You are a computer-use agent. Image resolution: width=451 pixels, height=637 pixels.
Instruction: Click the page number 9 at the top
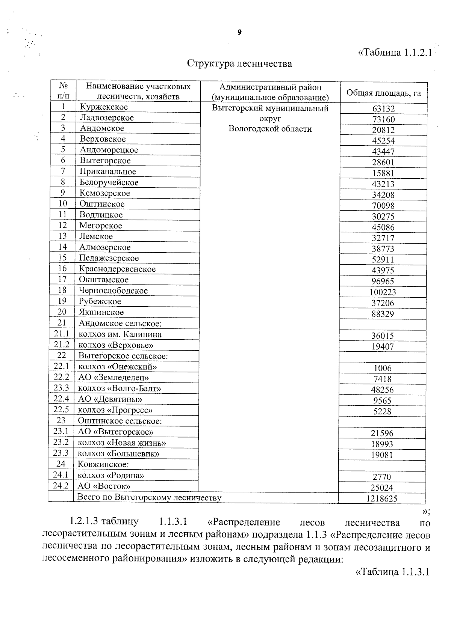tap(239, 33)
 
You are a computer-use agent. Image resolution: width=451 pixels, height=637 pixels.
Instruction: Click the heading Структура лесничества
tap(239, 63)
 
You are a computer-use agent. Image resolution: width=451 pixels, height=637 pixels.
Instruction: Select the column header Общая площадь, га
tap(383, 93)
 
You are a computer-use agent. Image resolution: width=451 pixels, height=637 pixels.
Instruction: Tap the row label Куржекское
tap(104, 107)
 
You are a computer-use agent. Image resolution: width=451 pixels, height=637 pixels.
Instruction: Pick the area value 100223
tap(383, 292)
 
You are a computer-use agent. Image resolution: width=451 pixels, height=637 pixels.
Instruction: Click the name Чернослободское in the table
tap(113, 291)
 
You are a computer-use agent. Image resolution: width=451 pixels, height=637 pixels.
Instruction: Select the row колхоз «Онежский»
tap(117, 367)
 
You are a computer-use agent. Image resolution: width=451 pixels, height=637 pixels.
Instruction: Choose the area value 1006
tap(383, 368)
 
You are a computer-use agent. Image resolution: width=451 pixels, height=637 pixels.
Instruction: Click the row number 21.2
tap(61, 345)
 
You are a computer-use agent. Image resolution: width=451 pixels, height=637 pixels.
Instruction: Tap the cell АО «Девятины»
tap(110, 399)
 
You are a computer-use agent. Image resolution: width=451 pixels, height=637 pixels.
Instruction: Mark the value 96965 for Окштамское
tap(383, 281)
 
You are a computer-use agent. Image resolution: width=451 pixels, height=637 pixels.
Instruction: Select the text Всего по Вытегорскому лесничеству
tap(149, 498)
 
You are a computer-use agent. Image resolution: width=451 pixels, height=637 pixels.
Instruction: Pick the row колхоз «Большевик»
tap(118, 453)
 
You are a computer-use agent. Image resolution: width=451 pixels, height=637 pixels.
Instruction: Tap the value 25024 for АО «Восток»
tap(383, 488)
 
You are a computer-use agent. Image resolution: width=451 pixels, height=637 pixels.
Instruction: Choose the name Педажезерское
tap(109, 258)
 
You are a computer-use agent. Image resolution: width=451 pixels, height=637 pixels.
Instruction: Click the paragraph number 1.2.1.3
tap(83, 521)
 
